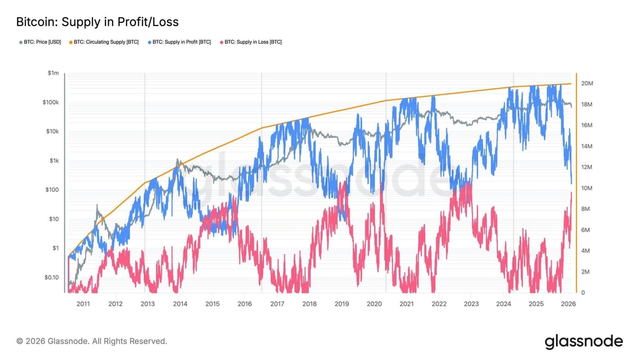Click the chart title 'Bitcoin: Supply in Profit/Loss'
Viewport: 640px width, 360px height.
click(x=98, y=22)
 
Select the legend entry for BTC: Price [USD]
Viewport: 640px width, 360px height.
click(x=40, y=42)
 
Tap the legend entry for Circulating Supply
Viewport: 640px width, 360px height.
click(x=103, y=42)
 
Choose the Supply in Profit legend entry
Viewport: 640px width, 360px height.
click(x=179, y=42)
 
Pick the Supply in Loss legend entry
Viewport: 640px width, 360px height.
click(x=251, y=42)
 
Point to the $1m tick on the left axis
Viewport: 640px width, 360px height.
click(x=53, y=73)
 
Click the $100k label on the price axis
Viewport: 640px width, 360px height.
click(x=51, y=102)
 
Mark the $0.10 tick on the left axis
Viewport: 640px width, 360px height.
click(x=51, y=277)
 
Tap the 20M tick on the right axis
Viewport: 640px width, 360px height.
click(x=587, y=83)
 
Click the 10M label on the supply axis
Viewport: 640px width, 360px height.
click(x=587, y=188)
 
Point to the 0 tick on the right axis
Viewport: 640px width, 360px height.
click(x=583, y=293)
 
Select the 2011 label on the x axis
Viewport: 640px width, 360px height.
click(x=83, y=304)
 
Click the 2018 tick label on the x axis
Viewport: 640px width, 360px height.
click(x=309, y=304)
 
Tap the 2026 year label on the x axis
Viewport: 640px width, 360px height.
click(x=569, y=304)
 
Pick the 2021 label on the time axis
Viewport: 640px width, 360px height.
click(x=406, y=304)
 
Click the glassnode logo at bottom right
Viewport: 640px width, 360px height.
click(x=583, y=342)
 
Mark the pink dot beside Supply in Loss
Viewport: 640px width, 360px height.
click(x=221, y=42)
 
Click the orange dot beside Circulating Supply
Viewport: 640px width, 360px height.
click(x=70, y=42)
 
